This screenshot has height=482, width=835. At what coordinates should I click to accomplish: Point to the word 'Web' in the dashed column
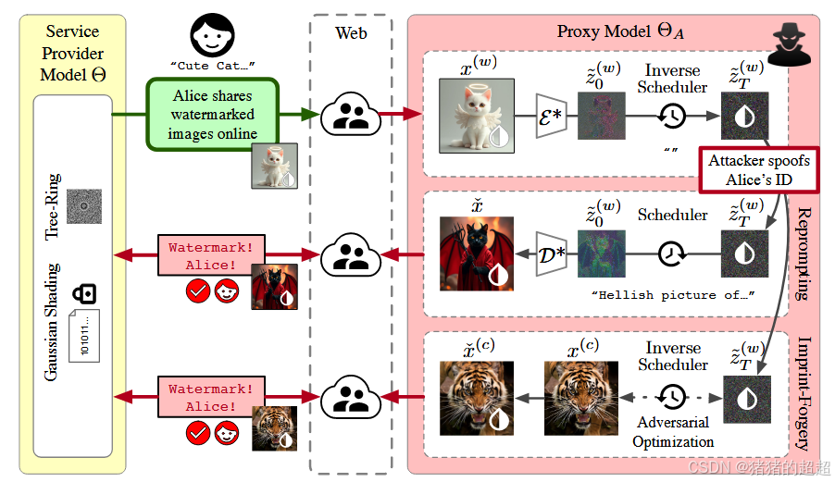pos(351,32)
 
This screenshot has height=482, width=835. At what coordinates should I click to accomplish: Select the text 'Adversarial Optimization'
pos(673,431)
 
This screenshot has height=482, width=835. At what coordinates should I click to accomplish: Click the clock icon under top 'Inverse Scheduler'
pos(672,116)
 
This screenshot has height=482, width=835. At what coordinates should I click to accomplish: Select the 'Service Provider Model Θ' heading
pos(72,53)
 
